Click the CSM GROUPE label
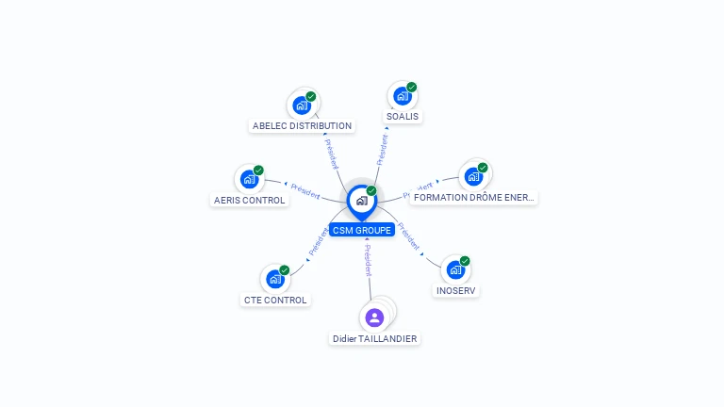[362, 230]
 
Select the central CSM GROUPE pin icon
[361, 201]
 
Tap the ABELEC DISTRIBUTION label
[302, 125]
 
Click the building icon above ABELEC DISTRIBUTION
[302, 105]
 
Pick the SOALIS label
[403, 117]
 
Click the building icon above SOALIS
[403, 96]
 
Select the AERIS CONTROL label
[249, 200]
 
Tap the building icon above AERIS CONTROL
[249, 179]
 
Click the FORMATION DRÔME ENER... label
[474, 198]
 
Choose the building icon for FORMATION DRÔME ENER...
[473, 176]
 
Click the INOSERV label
[456, 290]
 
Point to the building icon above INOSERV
[455, 269]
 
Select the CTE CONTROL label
[275, 300]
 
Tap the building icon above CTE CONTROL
[274, 279]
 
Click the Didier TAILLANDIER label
[374, 338]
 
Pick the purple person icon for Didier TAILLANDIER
[374, 317]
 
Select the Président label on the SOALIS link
[383, 149]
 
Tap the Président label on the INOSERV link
[409, 236]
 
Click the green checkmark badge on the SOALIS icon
[412, 88]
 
